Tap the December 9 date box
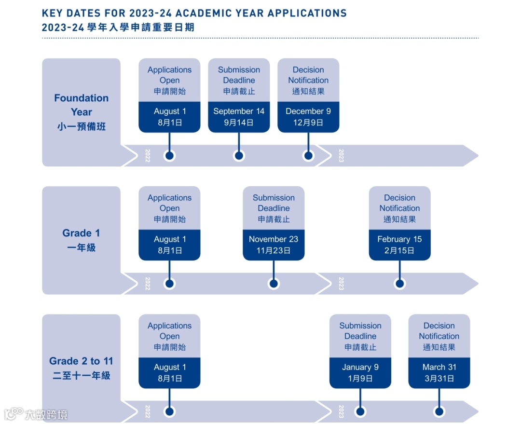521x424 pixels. point(308,117)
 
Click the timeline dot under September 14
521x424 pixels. point(239,156)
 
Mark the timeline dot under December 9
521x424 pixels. point(308,156)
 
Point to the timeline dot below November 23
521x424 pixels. point(274,284)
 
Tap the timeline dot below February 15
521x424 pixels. point(399,284)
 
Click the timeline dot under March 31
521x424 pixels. point(439,411)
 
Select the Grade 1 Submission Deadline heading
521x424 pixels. point(274,203)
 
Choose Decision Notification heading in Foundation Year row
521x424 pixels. point(308,75)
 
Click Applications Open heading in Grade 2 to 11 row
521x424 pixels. point(169,331)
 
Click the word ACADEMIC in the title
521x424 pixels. point(229,13)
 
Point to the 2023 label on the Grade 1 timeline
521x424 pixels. point(341,284)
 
